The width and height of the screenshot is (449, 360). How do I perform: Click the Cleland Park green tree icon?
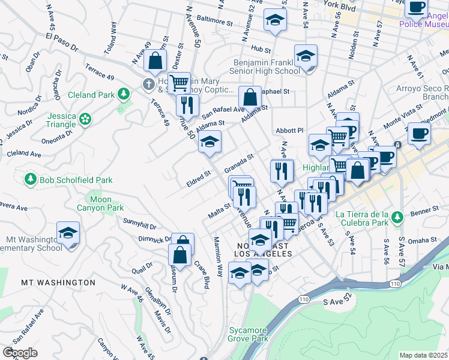[123, 94]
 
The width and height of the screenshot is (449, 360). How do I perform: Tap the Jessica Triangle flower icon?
[86, 119]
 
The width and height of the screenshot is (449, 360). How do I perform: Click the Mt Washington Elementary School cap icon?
[68, 233]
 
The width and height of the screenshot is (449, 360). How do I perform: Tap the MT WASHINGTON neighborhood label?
[58, 282]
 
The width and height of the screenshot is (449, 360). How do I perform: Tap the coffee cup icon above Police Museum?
[416, 8]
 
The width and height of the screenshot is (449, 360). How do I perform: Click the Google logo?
[20, 353]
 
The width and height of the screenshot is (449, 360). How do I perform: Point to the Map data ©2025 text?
[424, 355]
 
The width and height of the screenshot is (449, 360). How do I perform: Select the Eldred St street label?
[198, 179]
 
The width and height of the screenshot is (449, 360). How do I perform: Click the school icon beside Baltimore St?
[275, 20]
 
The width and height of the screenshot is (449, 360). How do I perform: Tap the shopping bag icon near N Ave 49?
[155, 60]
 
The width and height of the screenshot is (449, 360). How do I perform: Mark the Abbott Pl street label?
[291, 130]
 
